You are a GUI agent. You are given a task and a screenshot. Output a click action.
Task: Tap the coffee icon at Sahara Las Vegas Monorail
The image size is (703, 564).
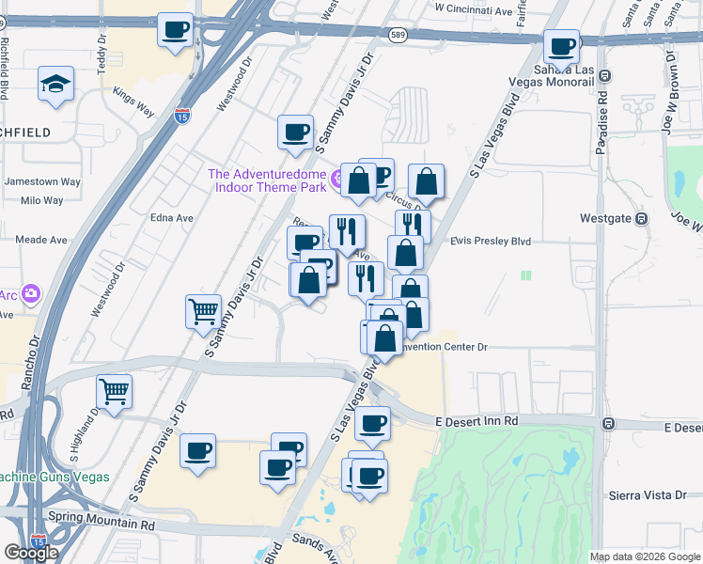563,46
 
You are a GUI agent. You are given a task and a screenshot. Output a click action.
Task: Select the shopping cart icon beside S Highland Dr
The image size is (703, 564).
115,390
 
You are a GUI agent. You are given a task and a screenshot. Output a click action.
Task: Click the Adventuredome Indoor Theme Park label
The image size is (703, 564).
267,180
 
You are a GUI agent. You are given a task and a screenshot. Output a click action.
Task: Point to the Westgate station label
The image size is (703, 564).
607,218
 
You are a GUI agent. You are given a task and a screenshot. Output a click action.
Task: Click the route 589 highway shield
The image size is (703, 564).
397,35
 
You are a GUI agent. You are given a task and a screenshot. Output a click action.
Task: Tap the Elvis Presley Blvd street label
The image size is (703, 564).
491,242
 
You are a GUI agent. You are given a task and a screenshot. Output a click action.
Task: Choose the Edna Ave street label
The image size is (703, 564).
171,217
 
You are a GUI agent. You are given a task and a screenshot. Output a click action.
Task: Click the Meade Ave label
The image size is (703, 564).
41,240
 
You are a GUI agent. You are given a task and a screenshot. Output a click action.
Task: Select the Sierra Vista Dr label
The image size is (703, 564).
649,494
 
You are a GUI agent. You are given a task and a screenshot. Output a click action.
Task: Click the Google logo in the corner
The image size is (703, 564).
31,553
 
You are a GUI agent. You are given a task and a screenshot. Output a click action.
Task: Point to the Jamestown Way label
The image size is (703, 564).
42,181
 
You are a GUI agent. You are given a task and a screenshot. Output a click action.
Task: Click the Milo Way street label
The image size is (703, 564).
41,200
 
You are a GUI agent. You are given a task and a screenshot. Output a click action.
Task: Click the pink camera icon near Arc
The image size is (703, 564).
31,294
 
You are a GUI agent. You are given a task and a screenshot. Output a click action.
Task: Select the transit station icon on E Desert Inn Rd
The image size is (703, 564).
609,424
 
